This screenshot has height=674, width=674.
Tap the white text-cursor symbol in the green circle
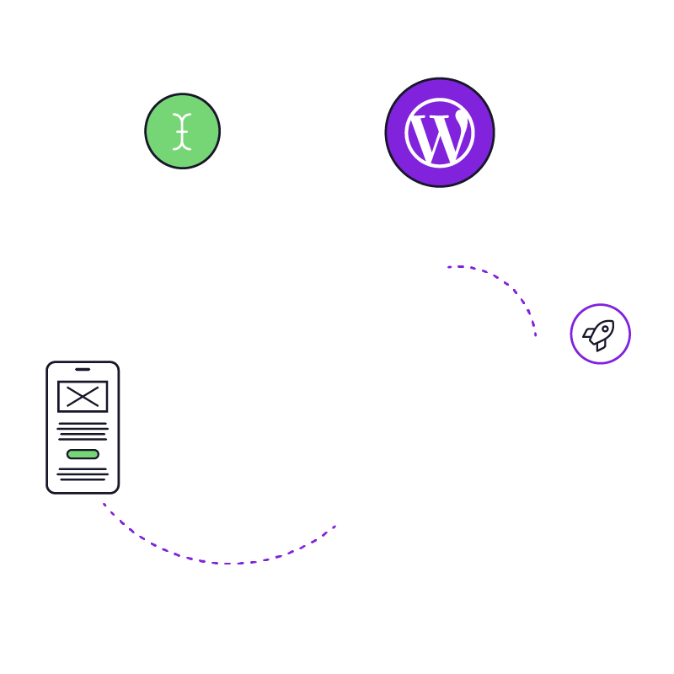point(182,131)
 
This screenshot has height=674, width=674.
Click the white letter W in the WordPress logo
point(439,136)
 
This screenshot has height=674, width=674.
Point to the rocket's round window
point(605,329)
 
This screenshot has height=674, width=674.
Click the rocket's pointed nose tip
point(612,321)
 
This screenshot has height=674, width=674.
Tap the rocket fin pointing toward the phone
point(588,334)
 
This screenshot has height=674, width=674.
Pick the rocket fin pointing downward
point(601,345)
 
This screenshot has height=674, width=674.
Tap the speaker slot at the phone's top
point(83,369)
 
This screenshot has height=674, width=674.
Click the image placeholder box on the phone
point(83,396)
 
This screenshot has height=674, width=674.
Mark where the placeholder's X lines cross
point(83,396)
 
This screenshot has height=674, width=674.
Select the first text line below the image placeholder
point(83,424)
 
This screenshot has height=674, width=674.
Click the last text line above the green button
point(83,439)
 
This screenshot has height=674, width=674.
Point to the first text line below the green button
point(83,468)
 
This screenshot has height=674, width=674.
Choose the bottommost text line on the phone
point(83,479)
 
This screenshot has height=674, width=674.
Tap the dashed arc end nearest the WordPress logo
point(449,267)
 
